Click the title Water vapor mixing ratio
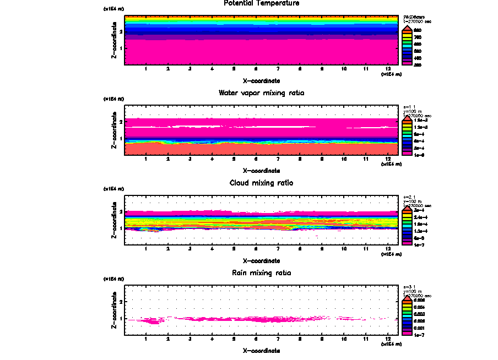tap(262, 92)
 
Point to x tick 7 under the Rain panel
tap(278, 339)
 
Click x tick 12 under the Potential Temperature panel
tap(388, 69)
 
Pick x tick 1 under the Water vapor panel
tap(146, 159)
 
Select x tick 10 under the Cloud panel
tap(344, 249)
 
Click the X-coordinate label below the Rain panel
tap(262, 350)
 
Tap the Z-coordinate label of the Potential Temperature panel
tap(113, 40)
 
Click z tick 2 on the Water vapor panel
tap(120, 121)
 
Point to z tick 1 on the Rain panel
tap(120, 319)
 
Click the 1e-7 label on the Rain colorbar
tap(419, 334)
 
